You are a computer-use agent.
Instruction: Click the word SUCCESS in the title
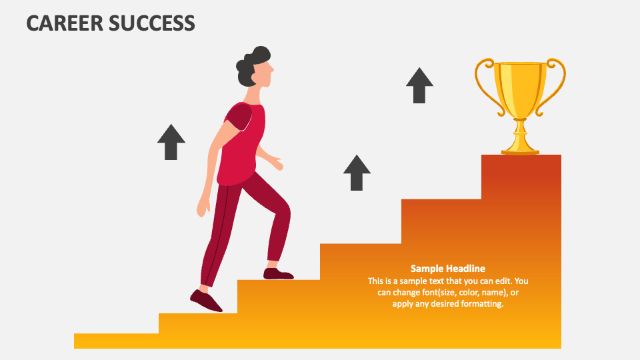pyautogui.click(x=155, y=23)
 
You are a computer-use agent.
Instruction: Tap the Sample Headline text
pyautogui.click(x=447, y=269)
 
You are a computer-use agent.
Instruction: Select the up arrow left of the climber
pyautogui.click(x=171, y=141)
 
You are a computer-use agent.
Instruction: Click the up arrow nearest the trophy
pyautogui.click(x=419, y=85)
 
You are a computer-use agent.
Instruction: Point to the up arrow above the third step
pyautogui.click(x=357, y=173)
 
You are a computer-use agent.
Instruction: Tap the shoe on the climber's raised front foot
pyautogui.click(x=278, y=273)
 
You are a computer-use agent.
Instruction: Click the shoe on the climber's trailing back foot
pyautogui.click(x=206, y=301)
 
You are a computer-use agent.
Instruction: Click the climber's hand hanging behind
pyautogui.click(x=203, y=209)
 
